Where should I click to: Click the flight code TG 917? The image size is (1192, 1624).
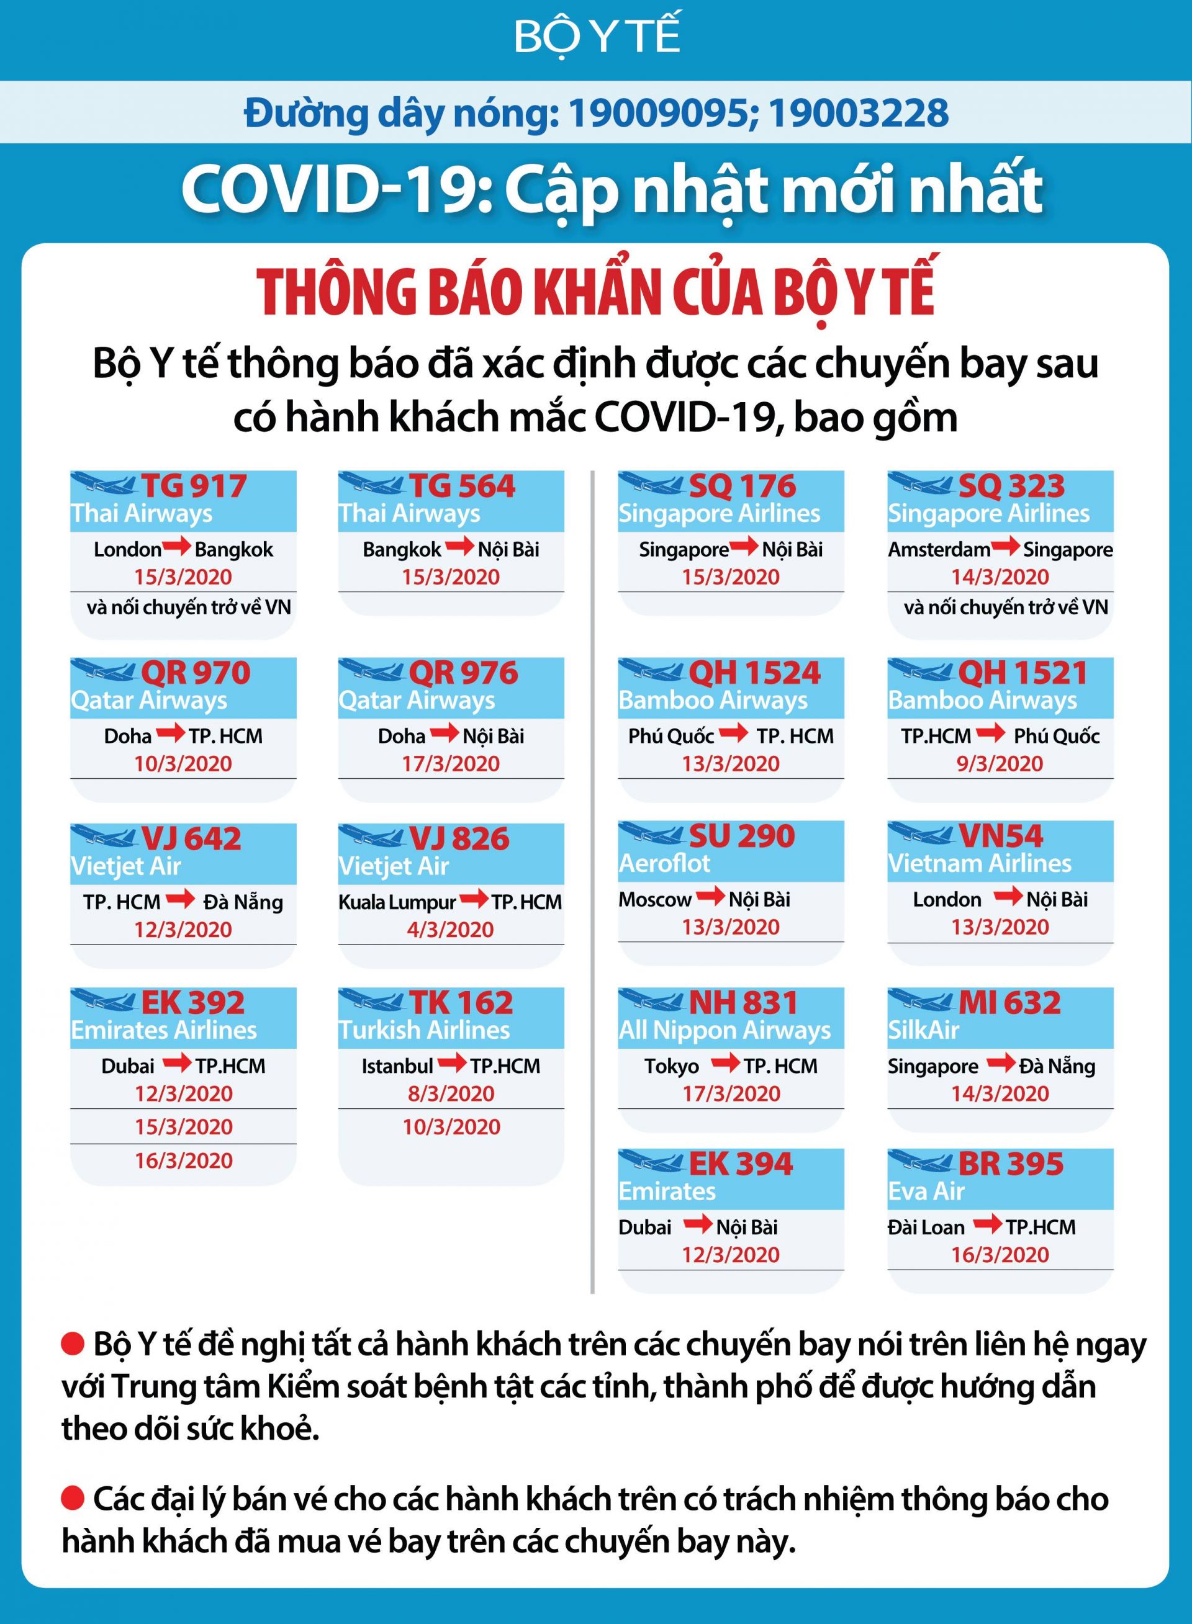pyautogui.click(x=193, y=486)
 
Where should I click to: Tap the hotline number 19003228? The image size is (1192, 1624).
pyautogui.click(x=858, y=113)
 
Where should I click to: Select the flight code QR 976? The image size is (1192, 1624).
pyautogui.click(x=463, y=673)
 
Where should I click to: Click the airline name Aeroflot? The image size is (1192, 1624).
pyautogui.click(x=664, y=863)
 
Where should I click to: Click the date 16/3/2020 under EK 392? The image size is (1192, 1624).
pyautogui.click(x=184, y=1160)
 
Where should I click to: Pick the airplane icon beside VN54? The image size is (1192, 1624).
pyautogui.click(x=921, y=836)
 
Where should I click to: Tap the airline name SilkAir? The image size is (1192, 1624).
pyautogui.click(x=924, y=1030)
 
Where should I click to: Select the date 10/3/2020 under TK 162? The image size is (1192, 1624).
pyautogui.click(x=451, y=1126)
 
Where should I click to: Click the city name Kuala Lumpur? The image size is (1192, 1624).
pyautogui.click(x=397, y=902)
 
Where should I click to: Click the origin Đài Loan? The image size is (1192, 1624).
pyautogui.click(x=926, y=1227)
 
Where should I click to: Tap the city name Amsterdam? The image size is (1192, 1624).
pyautogui.click(x=939, y=550)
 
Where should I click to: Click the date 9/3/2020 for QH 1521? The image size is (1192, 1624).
pyautogui.click(x=1000, y=764)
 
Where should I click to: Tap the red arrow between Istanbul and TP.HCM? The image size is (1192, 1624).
pyautogui.click(x=452, y=1063)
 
